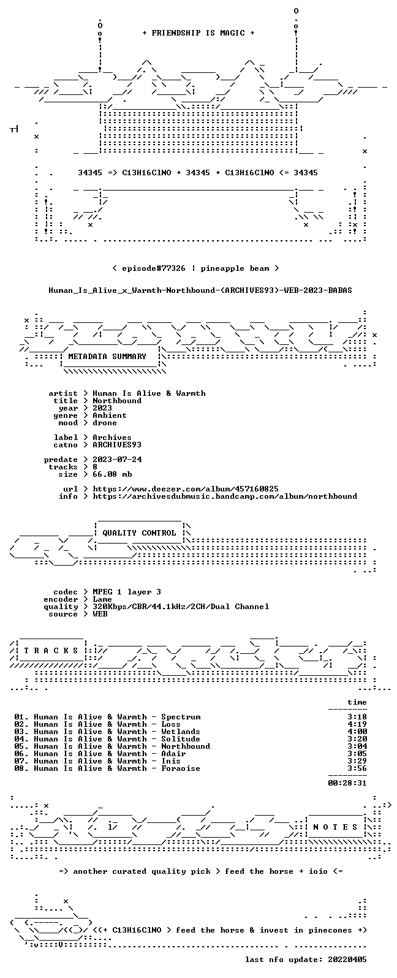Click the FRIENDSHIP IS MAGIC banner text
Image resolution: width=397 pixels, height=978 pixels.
pyautogui.click(x=198, y=33)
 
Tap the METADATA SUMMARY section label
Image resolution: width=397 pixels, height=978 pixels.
pyautogui.click(x=107, y=357)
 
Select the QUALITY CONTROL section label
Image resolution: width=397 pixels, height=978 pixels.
pyautogui.click(x=139, y=533)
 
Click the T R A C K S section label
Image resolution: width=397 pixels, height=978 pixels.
pyautogui.click(x=51, y=651)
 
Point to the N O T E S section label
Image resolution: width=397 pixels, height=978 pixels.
pyautogui.click(x=335, y=827)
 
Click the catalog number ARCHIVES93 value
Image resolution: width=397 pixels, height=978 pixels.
pyautogui.click(x=117, y=445)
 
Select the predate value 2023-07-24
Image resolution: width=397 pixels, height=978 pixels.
pyautogui.click(x=117, y=460)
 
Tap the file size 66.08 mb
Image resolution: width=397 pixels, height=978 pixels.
pyautogui.click(x=112, y=474)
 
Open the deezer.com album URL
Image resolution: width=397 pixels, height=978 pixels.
pyautogui.click(x=186, y=489)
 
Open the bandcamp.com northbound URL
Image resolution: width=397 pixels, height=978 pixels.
pyautogui.click(x=225, y=496)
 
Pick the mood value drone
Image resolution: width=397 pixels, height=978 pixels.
pyautogui.click(x=105, y=423)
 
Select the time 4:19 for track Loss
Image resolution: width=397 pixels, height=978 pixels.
pyautogui.click(x=357, y=724)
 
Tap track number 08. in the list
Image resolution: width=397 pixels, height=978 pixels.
pyautogui.click(x=21, y=768)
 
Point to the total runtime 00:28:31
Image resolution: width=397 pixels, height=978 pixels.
pyautogui.click(x=347, y=783)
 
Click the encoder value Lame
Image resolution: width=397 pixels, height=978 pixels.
pyautogui.click(x=102, y=599)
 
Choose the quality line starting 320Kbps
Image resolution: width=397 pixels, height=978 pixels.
pyautogui.click(x=181, y=607)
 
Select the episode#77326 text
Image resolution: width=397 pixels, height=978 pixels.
pyautogui.click(x=154, y=268)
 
